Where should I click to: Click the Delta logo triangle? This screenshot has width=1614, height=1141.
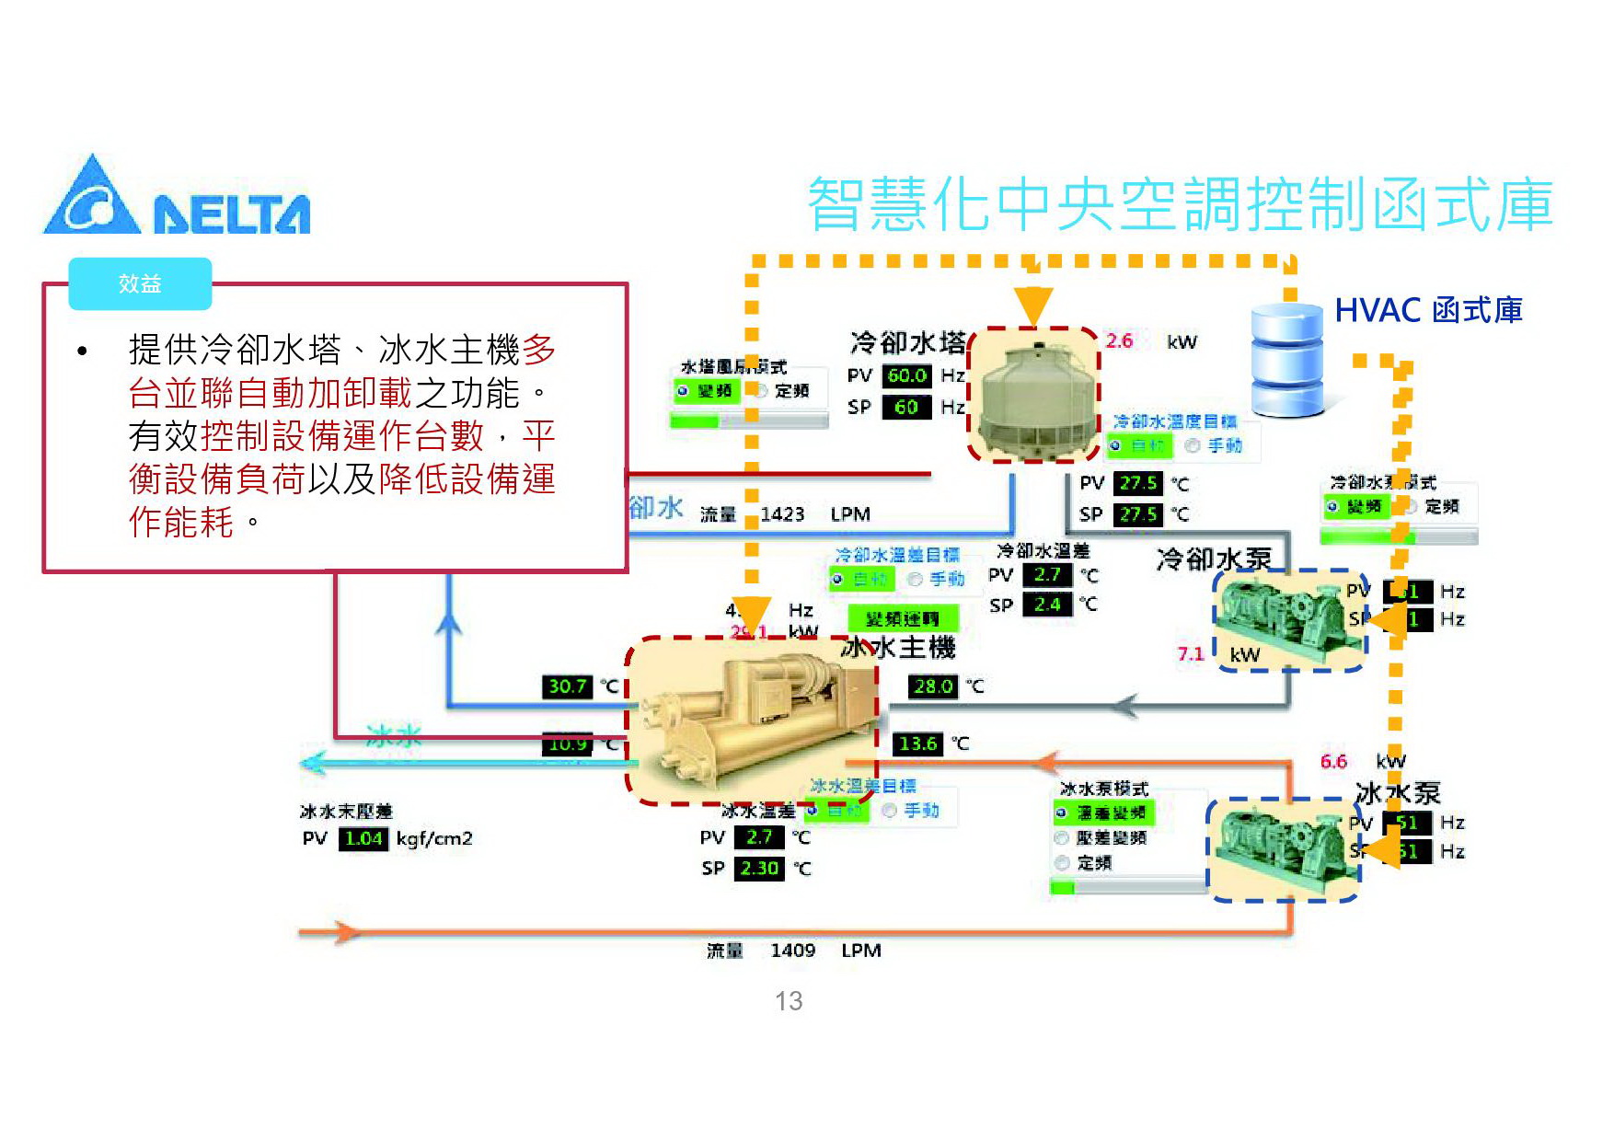point(91,197)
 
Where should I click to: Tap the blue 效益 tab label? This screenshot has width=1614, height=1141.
point(140,283)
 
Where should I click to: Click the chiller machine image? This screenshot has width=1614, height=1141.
point(750,718)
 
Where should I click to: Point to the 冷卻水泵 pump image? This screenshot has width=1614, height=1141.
point(1288,618)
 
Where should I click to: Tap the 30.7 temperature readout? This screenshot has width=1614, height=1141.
point(567,686)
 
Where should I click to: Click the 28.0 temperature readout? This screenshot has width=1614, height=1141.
point(932,686)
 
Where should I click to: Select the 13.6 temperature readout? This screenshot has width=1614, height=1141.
point(917,743)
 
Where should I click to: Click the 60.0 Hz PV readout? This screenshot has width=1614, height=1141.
point(906,375)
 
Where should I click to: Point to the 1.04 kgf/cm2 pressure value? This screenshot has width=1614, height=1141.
point(363,838)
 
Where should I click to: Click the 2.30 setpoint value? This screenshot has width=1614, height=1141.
point(759,868)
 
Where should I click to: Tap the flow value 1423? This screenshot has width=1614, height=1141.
point(782,514)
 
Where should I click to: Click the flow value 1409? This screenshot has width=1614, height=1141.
point(792,951)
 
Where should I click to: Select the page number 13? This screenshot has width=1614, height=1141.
point(789,1001)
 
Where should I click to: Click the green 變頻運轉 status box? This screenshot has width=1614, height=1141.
point(902,618)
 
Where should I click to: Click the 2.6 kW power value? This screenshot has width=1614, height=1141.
point(1119,341)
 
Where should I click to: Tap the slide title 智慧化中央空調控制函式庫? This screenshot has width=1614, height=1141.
point(1180,204)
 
